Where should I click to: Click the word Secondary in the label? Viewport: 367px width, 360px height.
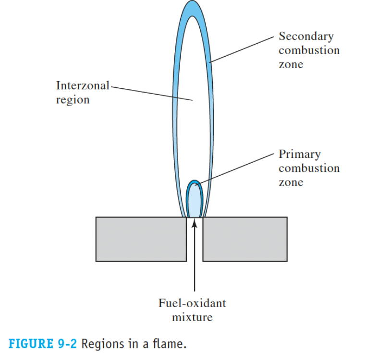point(306,36)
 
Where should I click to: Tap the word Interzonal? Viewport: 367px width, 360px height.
point(83,86)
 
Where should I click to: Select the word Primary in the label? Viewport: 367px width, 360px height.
point(299,155)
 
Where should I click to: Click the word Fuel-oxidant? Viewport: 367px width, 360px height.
point(192,303)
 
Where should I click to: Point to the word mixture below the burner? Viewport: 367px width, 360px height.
point(192,317)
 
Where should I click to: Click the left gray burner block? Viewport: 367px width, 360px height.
point(141,239)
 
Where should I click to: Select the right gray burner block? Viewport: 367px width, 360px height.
point(245,239)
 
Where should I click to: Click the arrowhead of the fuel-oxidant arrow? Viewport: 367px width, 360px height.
point(195,223)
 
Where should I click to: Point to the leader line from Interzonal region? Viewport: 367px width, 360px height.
point(149,93)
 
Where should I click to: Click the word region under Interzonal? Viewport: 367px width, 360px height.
point(73,100)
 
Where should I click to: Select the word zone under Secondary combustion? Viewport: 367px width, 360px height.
point(291,64)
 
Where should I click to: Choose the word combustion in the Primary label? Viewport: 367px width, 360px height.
point(309,168)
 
